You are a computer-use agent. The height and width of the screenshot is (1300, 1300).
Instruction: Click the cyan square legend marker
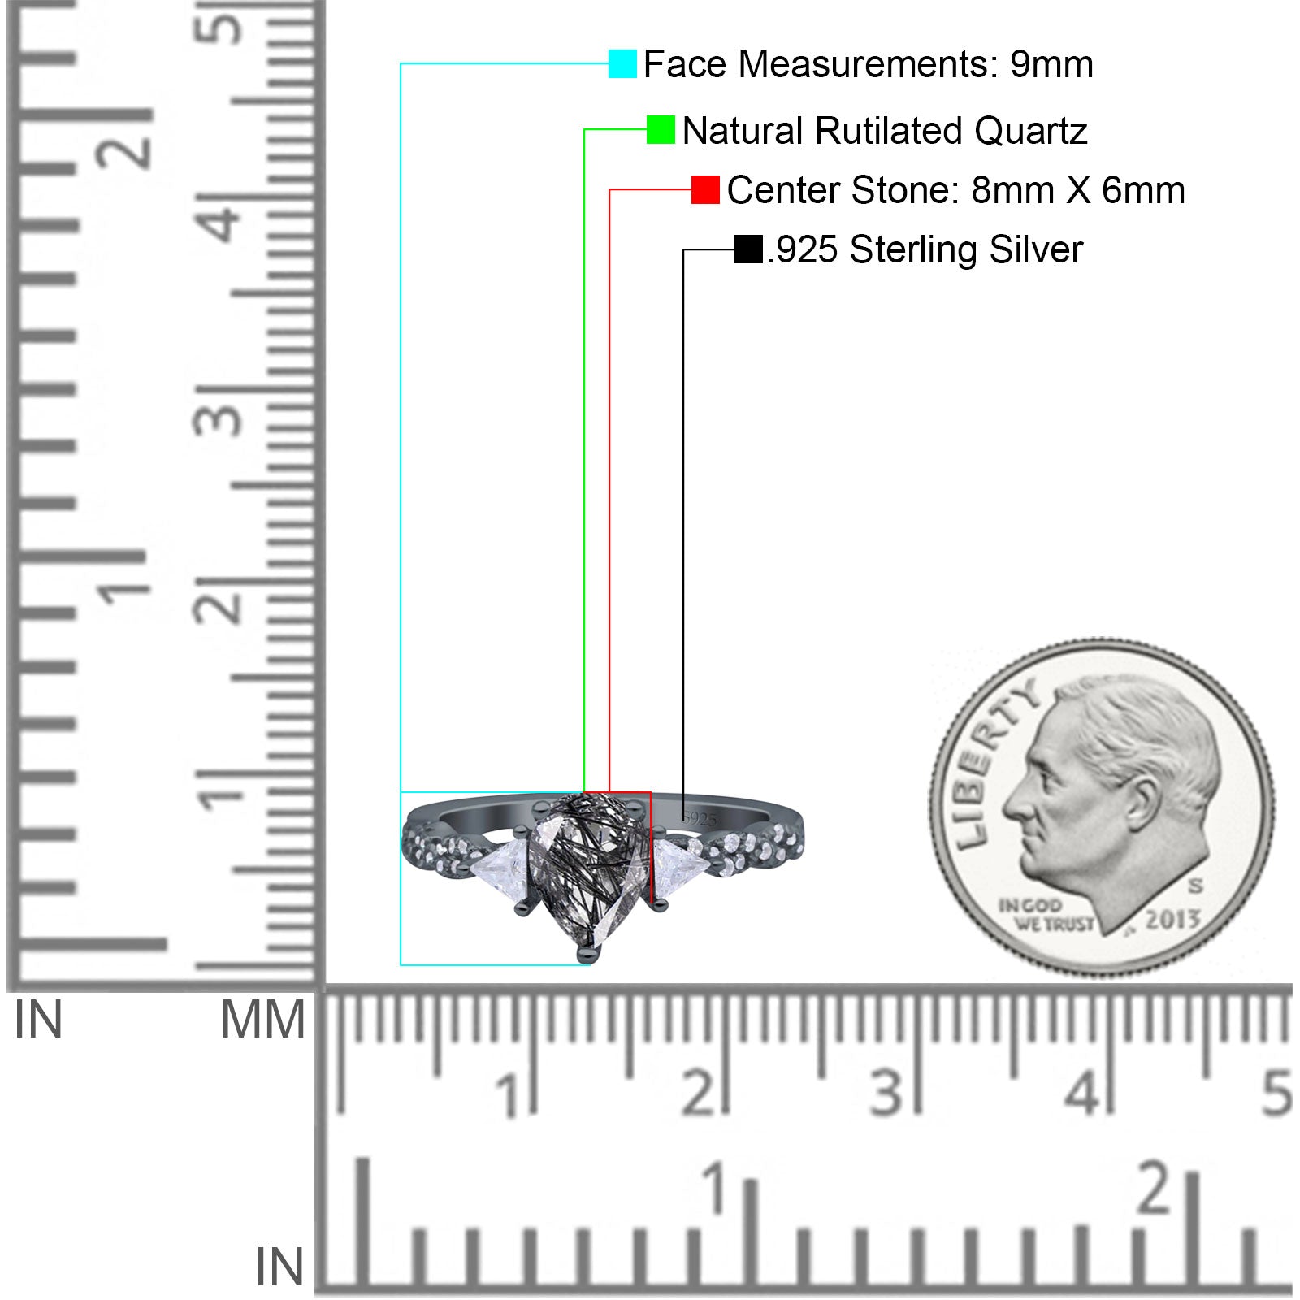[622, 63]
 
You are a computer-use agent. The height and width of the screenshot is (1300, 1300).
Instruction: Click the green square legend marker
[661, 130]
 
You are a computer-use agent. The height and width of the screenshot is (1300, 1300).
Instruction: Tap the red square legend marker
[705, 190]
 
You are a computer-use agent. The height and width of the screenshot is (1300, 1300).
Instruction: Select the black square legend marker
[748, 249]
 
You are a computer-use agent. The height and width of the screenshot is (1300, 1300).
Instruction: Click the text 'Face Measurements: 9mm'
[868, 64]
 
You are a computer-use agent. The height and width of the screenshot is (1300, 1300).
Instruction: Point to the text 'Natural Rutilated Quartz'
[885, 131]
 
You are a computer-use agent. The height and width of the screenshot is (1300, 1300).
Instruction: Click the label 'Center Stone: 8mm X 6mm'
[955, 190]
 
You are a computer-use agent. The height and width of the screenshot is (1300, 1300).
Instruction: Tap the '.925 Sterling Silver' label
[925, 249]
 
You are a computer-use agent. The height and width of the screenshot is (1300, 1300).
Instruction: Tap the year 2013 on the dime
[1172, 919]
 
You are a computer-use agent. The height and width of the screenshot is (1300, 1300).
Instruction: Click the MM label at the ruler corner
[262, 1020]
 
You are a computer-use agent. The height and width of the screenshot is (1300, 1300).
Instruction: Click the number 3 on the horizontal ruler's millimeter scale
[886, 1093]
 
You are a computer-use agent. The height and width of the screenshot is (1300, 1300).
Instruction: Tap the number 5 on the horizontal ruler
[1276, 1093]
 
